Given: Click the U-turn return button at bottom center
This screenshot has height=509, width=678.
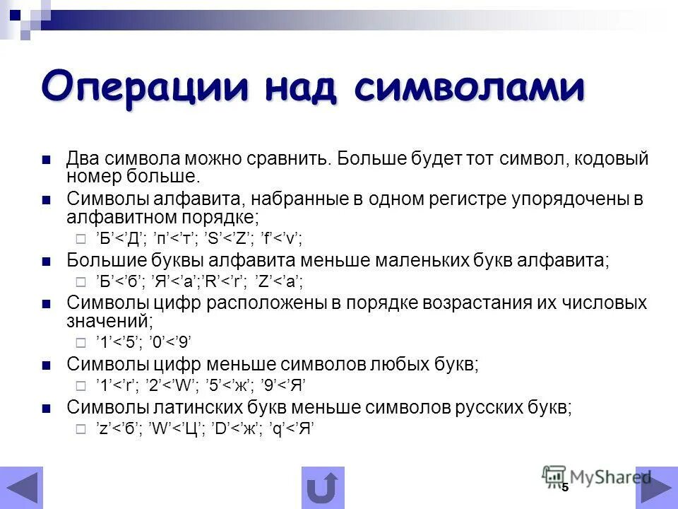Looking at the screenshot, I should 323,487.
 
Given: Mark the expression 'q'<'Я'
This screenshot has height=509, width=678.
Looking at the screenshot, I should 290,428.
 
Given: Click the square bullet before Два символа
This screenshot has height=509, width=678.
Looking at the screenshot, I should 47,159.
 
